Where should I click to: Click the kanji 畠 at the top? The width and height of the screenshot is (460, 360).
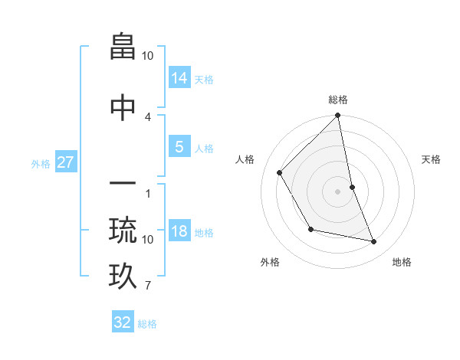pos(123,47)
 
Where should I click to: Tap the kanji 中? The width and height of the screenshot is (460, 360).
pos(123,108)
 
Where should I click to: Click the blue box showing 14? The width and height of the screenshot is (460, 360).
pos(179,77)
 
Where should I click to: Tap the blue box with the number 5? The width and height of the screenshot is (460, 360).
pos(179,146)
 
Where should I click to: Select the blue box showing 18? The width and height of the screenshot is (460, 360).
pos(179,231)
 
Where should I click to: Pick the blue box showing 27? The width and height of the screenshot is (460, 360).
pos(65,162)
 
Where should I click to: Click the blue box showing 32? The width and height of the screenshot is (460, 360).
pos(123,322)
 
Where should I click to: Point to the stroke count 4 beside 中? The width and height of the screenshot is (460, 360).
pos(148,116)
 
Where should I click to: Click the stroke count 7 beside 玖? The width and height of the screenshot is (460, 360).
pos(148,286)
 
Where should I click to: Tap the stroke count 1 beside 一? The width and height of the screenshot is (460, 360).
pos(148,193)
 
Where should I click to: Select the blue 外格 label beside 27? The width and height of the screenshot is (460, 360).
pos(41,163)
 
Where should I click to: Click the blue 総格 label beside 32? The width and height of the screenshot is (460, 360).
pos(147,324)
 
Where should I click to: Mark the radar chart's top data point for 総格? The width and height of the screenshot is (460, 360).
pos(337,116)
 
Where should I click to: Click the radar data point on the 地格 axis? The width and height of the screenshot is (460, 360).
pos(374,242)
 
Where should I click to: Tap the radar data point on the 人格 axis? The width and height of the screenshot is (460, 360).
pos(280,172)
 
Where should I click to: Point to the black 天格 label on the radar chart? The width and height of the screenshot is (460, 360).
pos(431,159)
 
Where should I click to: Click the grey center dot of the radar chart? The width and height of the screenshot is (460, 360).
pos(337,191)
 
